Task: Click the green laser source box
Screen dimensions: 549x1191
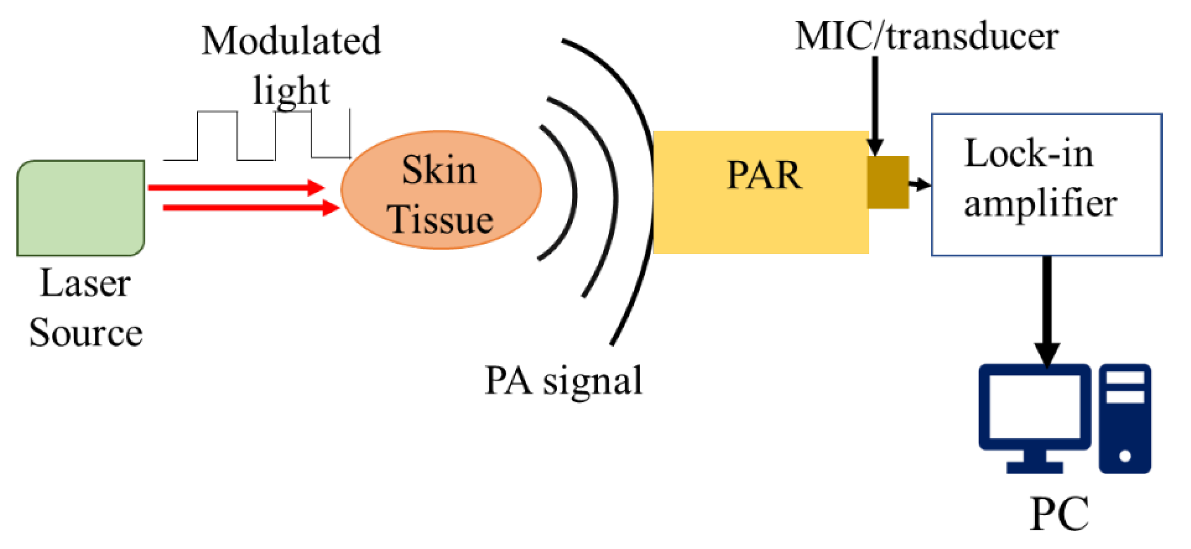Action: point(81,208)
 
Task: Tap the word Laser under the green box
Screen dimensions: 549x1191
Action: point(85,283)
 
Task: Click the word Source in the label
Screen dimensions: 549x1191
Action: point(86,333)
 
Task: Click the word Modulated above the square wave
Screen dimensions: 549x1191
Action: point(291,41)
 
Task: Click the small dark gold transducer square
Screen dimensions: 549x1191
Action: point(887,182)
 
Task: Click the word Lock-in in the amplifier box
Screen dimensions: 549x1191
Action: point(1028,153)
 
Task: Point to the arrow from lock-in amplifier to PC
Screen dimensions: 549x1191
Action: point(1047,310)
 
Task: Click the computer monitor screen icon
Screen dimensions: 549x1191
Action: point(1034,407)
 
